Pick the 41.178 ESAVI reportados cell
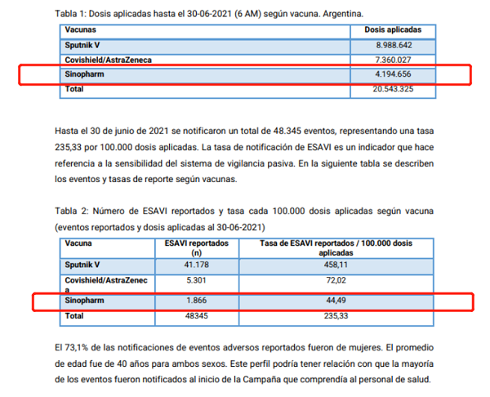coord(196,265)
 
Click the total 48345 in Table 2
coord(196,315)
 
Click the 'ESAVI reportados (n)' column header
coord(196,248)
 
